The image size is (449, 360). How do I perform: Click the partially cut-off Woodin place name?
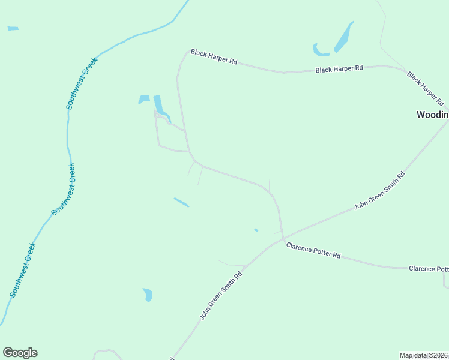tap(432, 115)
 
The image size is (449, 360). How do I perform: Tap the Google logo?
tap(20, 353)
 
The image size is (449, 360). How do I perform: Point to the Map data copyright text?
tap(423, 355)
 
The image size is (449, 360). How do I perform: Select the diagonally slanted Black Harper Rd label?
tap(424, 87)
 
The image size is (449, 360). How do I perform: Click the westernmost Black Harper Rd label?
tap(214, 57)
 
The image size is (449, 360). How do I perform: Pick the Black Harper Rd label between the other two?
tap(339, 69)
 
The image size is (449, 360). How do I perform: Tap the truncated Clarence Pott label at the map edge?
tap(429, 268)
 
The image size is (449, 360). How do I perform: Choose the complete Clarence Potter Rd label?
tap(313, 250)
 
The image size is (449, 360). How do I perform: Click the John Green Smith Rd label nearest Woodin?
tap(379, 190)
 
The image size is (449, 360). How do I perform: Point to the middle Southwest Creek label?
tap(64, 189)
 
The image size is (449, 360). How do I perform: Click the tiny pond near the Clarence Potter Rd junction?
tap(256, 230)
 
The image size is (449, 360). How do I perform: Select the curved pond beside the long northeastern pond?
tap(319, 51)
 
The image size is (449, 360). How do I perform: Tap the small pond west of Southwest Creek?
tap(13, 28)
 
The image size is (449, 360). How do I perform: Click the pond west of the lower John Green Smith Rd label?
tap(148, 294)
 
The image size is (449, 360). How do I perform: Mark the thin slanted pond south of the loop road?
tap(181, 202)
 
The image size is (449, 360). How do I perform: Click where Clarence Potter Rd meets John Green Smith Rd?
tap(283, 238)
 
